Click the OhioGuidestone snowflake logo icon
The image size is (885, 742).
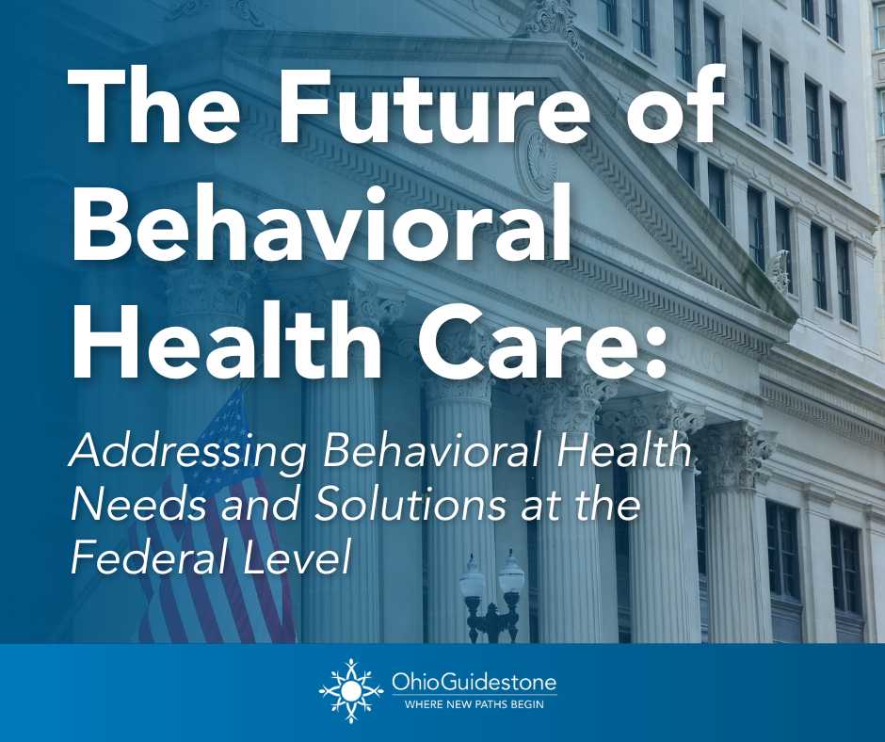coord(349,691)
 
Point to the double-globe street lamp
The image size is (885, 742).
coord(491,593)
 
